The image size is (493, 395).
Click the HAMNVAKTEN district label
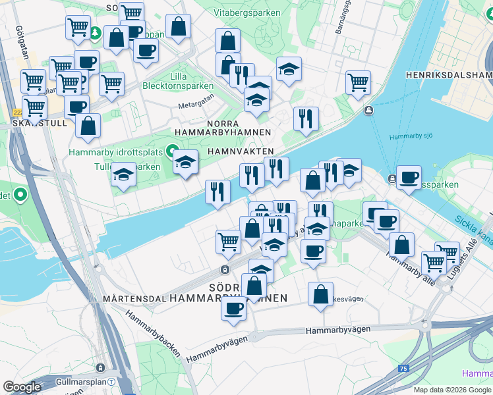(240, 151)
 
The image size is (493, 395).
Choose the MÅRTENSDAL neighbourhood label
(134, 299)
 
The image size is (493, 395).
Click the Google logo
(22, 387)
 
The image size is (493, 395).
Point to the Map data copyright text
(453, 390)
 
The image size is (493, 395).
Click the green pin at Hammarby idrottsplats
(173, 149)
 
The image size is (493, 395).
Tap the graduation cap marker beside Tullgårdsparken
(123, 174)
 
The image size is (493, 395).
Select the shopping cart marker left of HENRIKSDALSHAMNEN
(358, 82)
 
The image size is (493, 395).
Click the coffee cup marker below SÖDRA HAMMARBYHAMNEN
(233, 308)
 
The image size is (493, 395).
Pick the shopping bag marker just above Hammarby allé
(401, 244)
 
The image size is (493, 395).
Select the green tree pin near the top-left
(96, 32)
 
